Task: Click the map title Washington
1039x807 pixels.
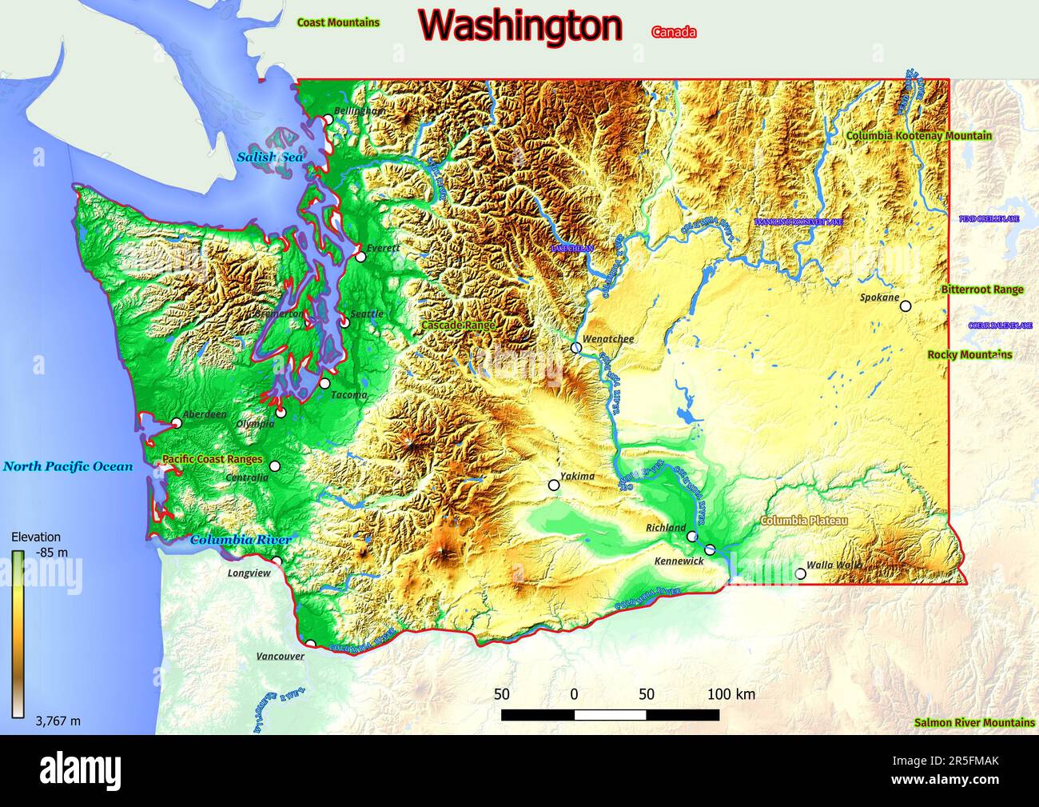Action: coord(520,26)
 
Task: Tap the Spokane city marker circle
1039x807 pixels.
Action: coord(906,306)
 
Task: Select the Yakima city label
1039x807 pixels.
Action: coord(577,477)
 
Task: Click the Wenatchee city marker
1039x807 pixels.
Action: coord(576,348)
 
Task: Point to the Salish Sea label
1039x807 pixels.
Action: coord(269,158)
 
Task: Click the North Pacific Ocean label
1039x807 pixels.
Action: coord(68,466)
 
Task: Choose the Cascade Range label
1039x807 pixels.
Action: coord(458,326)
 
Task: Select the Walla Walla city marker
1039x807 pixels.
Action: coord(801,573)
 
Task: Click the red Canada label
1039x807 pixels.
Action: coord(674,33)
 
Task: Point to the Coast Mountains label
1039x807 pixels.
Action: coord(338,22)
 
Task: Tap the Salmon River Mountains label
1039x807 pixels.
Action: coord(974,723)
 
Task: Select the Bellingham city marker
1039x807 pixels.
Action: coord(328,120)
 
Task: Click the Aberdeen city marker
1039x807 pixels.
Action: coord(177,422)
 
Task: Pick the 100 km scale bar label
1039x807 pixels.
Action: coord(730,694)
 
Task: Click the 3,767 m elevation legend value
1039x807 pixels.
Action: coord(58,721)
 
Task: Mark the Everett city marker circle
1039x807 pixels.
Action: coord(360,257)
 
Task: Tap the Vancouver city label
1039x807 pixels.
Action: coord(280,657)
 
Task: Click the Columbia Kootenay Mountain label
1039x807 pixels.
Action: coord(919,136)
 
